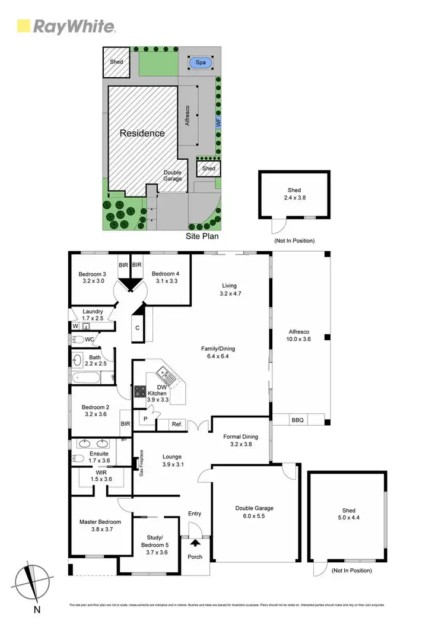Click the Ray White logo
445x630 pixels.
pos(66,26)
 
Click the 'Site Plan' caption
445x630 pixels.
pos(202,236)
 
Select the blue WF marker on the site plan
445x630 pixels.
pos(218,124)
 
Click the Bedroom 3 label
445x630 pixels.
pos(92,274)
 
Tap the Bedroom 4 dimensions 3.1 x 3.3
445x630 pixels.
pos(165,281)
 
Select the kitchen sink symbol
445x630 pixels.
pos(165,374)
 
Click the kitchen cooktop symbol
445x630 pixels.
pos(141,392)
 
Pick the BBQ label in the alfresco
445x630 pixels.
pos(297,420)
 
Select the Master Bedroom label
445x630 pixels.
pos(96,522)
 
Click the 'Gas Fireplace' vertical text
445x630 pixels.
pos(141,463)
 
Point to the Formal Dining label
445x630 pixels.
pos(241,436)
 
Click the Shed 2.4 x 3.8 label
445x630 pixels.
pos(294,191)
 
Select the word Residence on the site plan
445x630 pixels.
pos(142,133)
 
